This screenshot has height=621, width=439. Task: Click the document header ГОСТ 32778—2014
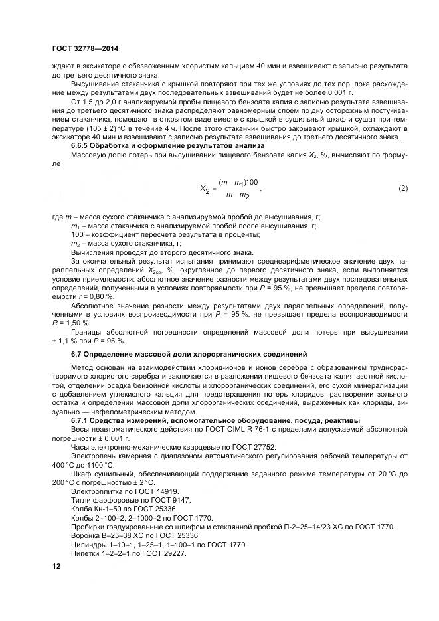tap(80, 48)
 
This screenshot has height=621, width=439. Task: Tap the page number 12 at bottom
tap(56, 566)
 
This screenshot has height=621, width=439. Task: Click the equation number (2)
tap(402, 188)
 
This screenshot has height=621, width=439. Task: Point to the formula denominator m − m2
tap(238, 195)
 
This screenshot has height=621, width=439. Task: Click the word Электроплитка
tap(93, 489)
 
